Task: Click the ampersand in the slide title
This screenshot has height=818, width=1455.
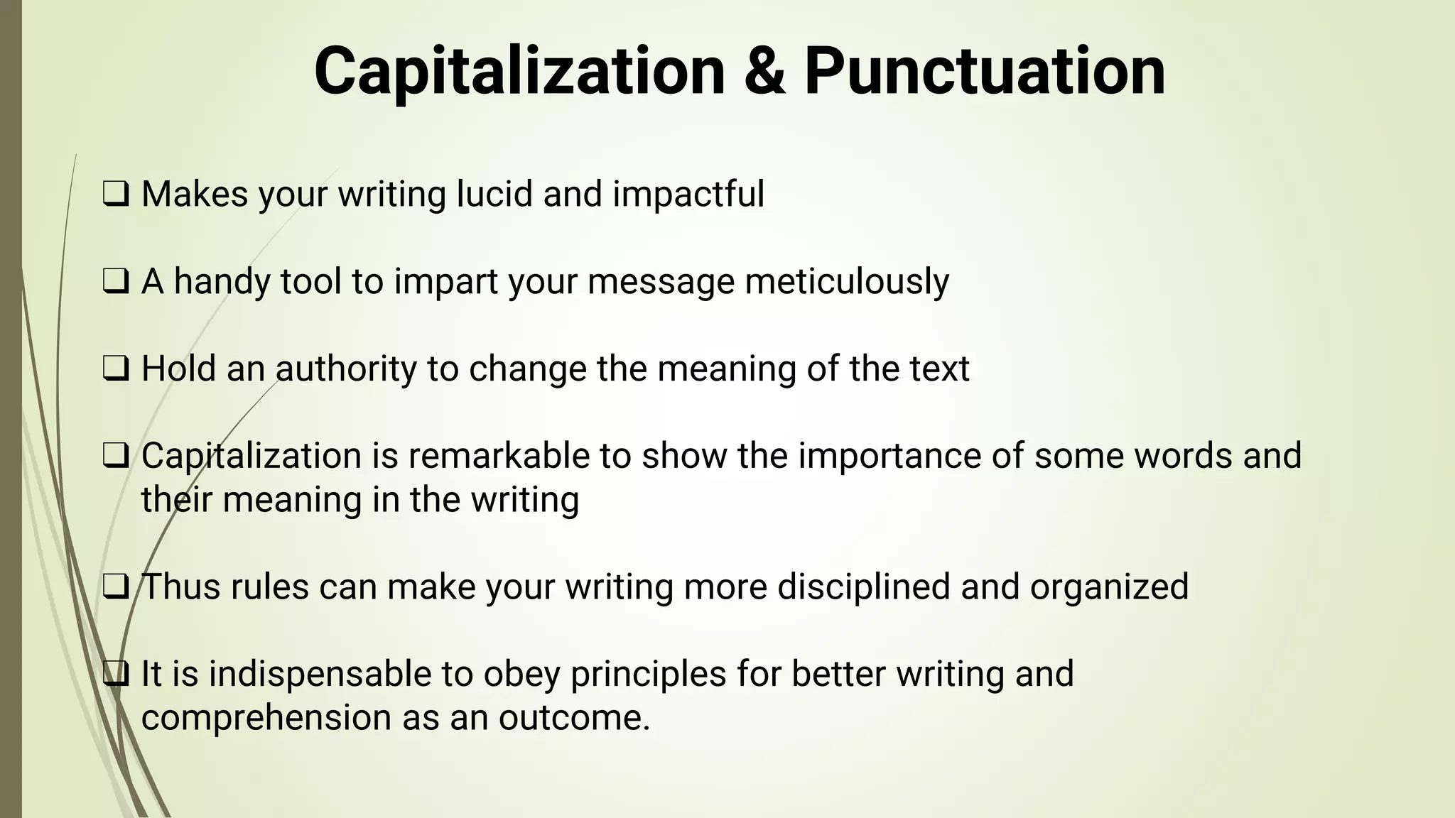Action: pos(765,71)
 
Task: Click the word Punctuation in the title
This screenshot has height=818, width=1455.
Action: pos(985,71)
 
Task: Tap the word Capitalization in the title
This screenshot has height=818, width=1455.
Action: pos(519,71)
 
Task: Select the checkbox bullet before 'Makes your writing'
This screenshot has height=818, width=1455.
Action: pos(116,195)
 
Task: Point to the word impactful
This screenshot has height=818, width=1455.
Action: pos(688,194)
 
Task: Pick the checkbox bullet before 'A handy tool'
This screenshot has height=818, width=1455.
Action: pos(116,282)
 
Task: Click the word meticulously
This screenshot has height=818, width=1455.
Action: pos(846,282)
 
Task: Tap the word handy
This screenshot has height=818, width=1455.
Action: pos(222,282)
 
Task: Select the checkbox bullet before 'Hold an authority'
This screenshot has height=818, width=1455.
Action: pos(116,369)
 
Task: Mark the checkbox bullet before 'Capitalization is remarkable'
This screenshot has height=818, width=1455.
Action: pos(116,456)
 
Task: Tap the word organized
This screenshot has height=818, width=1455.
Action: pos(1109,587)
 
